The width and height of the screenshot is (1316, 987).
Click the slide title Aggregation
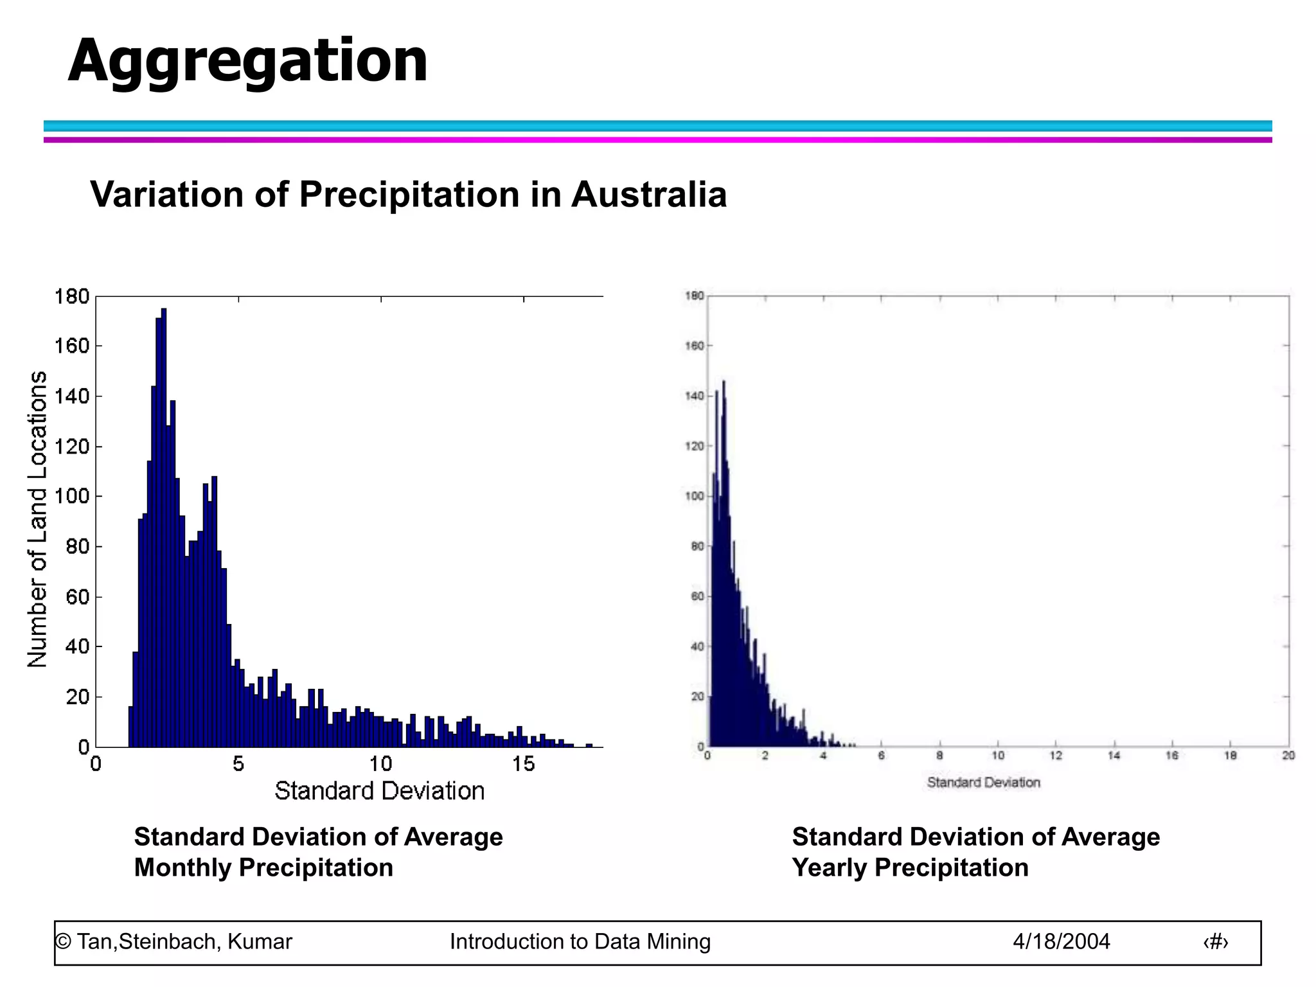[247, 61]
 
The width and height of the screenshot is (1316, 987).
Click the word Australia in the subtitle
[648, 194]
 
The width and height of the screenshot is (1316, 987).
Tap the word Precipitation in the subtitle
[409, 194]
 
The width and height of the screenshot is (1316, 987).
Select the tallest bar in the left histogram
[164, 527]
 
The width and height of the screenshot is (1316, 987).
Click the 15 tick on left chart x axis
[523, 764]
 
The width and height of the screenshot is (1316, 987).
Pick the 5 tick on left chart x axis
[238, 764]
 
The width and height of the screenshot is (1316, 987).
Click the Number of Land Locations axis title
[37, 519]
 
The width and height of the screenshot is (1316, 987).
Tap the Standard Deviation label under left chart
[379, 791]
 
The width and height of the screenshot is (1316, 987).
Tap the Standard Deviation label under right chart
[983, 783]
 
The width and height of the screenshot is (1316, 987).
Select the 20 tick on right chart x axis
[1288, 756]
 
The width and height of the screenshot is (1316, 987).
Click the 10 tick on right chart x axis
[998, 756]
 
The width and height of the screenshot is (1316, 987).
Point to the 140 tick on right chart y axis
[694, 396]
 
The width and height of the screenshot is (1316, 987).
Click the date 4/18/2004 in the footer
[1061, 941]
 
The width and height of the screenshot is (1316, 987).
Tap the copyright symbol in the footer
[63, 941]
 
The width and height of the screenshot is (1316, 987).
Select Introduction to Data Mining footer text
[580, 941]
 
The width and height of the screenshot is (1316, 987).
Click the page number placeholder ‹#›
[1215, 942]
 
